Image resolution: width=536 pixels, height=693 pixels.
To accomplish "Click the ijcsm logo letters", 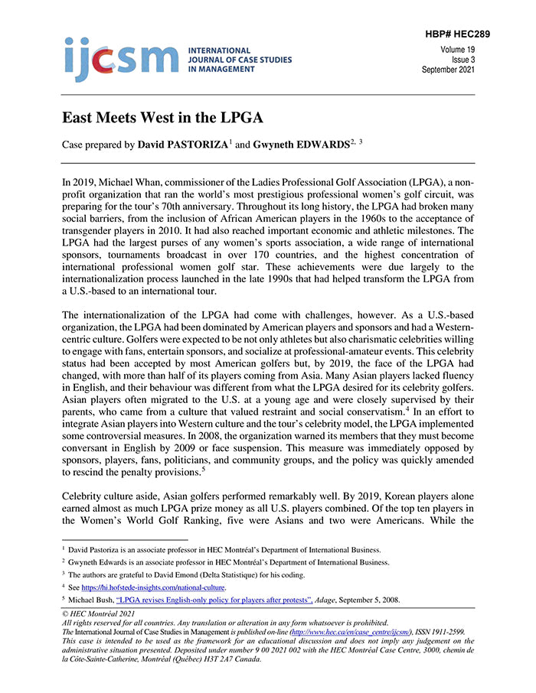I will (120, 59).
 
